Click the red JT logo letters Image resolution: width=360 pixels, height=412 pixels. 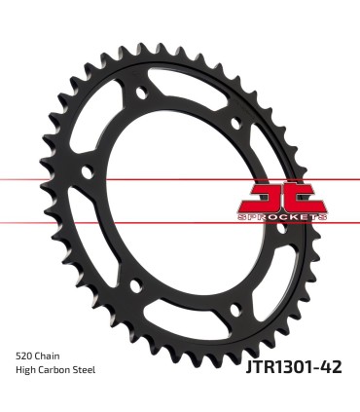click(x=282, y=197)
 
